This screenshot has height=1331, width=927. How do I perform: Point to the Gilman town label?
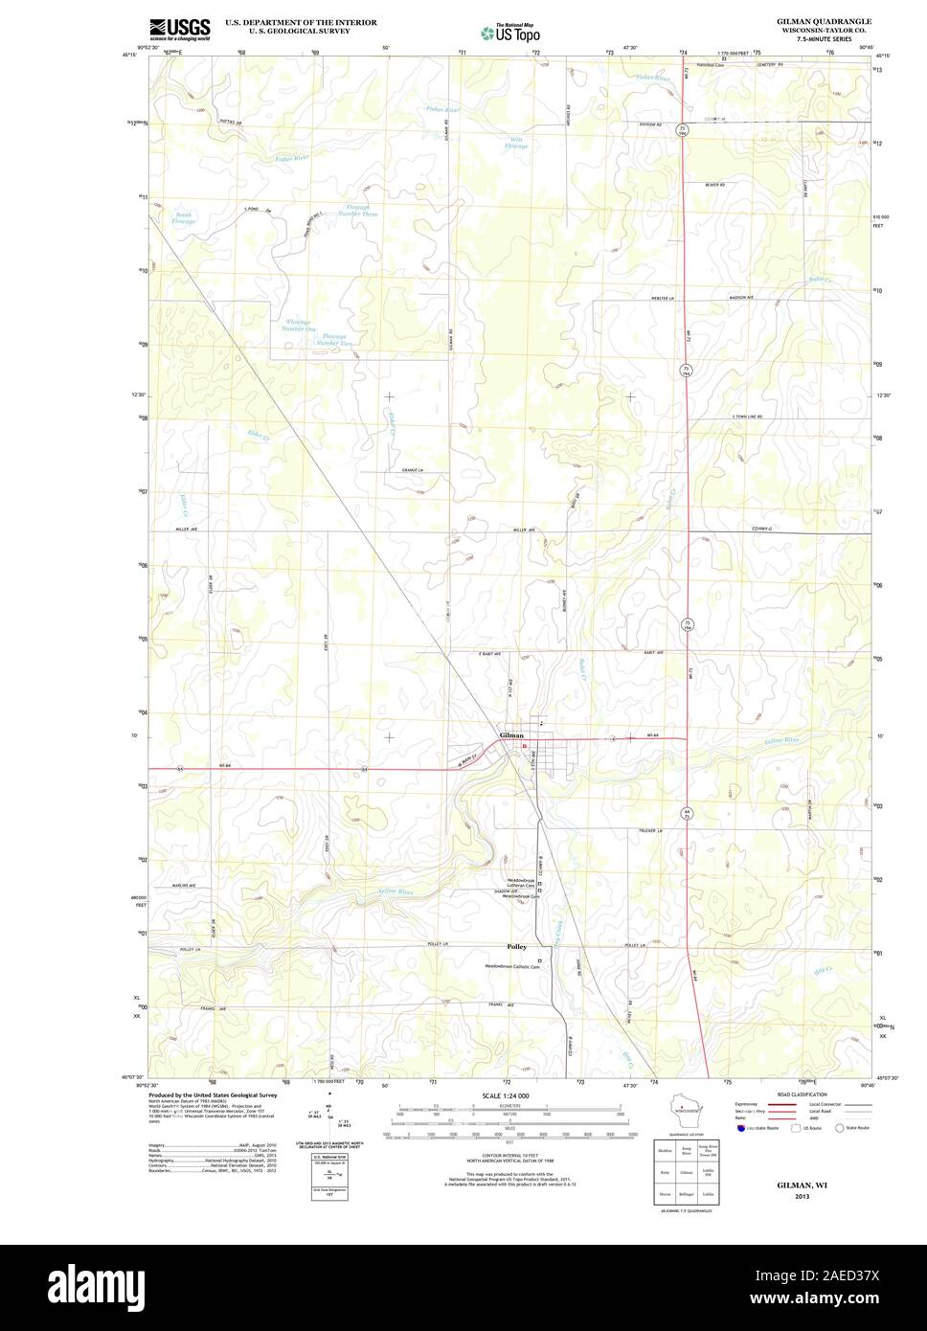click(x=511, y=735)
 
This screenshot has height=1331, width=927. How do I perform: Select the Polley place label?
click(x=516, y=946)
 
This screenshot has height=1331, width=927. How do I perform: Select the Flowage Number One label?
click(x=298, y=326)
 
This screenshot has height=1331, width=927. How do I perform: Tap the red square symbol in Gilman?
click(x=525, y=747)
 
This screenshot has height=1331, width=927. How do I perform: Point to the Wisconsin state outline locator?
click(x=682, y=1111)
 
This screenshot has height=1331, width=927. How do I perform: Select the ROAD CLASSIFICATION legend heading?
click(x=803, y=1094)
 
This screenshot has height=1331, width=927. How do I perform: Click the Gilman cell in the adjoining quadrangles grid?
click(x=685, y=1171)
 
